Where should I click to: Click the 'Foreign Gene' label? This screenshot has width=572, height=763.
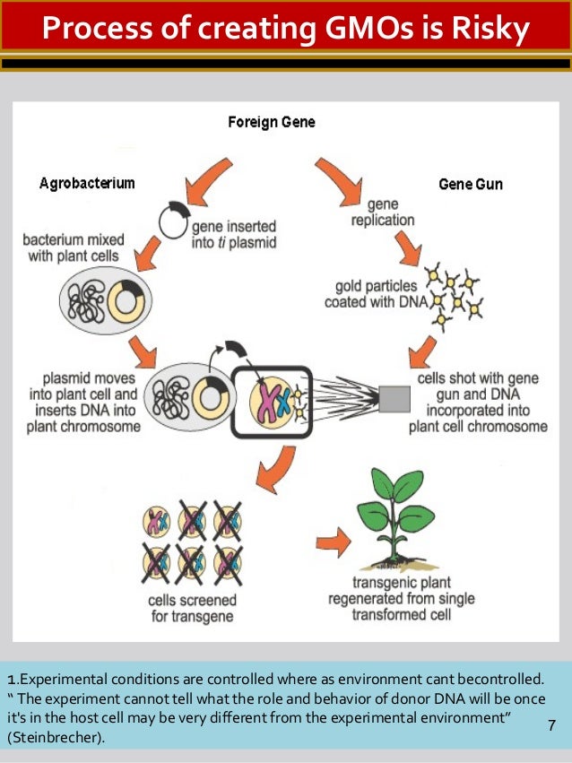point(270,122)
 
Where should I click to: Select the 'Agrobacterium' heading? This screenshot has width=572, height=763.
point(87,184)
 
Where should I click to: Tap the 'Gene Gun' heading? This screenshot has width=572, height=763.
point(470,185)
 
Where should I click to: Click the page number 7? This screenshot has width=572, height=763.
point(551,724)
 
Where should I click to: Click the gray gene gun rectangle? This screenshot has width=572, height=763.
point(394,397)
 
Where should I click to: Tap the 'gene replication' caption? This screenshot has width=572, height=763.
point(384,212)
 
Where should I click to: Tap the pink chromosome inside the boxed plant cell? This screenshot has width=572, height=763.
point(264,399)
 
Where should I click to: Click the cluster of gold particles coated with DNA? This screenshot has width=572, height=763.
point(455,290)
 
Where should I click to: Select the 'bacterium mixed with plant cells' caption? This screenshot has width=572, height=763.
point(74,248)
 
